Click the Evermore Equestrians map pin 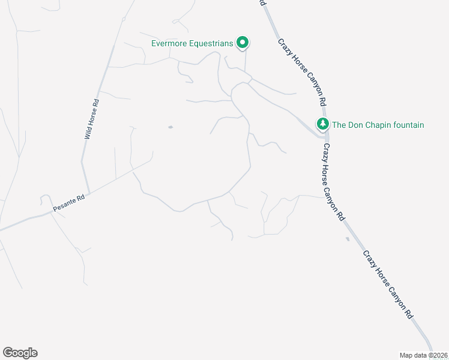click(x=243, y=42)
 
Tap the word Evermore click(x=170, y=43)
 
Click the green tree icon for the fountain click(x=323, y=124)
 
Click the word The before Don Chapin click(x=339, y=125)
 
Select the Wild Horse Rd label click(x=91, y=119)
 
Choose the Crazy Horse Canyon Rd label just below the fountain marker click(x=334, y=181)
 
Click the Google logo click(x=20, y=353)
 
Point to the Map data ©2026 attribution click(x=423, y=355)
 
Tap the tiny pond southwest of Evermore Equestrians click(x=170, y=127)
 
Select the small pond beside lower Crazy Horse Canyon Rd click(x=348, y=239)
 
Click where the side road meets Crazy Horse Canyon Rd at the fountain click(x=323, y=136)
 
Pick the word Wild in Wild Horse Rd click(x=88, y=133)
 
